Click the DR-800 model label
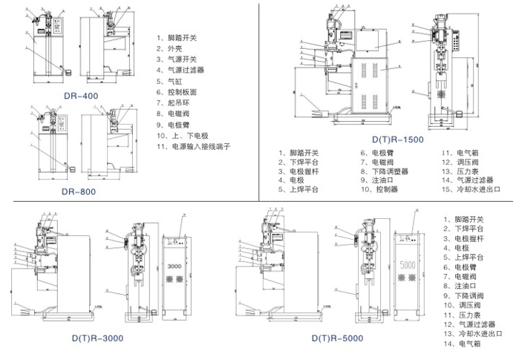pyautogui.click(x=79, y=191)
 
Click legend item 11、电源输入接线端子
pyautogui.click(x=194, y=148)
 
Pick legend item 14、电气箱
pyautogui.click(x=468, y=344)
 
